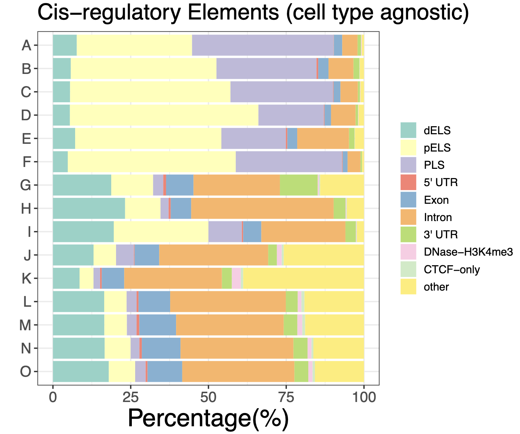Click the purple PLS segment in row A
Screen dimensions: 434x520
coord(263,45)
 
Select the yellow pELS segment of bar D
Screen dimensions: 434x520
coord(164,115)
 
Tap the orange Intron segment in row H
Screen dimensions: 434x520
coord(262,209)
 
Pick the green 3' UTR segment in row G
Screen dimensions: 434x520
coord(299,185)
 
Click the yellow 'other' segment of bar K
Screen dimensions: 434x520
coord(303,278)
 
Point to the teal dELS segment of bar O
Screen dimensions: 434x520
coord(81,371)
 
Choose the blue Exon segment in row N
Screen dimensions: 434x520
coord(161,348)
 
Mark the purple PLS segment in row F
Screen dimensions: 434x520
coord(289,161)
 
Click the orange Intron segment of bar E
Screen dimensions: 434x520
coord(323,138)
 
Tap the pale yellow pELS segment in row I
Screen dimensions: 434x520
coord(161,232)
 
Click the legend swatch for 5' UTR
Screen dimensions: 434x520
coord(408,182)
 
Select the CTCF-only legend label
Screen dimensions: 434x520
coord(452,270)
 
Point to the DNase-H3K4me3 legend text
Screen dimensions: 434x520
coord(468,252)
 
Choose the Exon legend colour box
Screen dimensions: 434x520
coord(408,200)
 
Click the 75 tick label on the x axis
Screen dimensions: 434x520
coord(286,398)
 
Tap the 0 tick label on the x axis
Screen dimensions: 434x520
coord(53,398)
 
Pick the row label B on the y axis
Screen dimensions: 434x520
coord(26,69)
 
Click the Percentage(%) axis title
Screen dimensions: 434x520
coord(208,418)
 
